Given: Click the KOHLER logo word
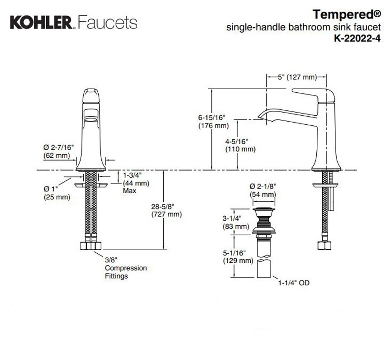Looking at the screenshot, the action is (41, 23).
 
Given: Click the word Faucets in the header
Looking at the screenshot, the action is (107, 23).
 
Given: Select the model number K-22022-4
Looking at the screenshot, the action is (358, 38).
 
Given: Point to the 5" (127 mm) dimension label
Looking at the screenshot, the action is (297, 77).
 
